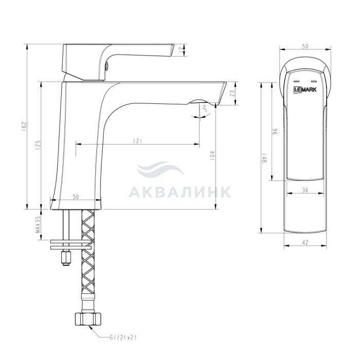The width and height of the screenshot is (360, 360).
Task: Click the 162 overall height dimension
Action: (25, 127)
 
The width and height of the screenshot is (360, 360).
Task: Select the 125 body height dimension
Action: (38, 145)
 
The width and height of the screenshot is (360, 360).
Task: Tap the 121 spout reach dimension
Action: (137, 141)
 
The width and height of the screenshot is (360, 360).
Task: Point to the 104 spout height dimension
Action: (212, 155)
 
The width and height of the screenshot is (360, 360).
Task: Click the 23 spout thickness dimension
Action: (232, 93)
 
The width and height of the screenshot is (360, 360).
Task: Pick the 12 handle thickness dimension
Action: (182, 49)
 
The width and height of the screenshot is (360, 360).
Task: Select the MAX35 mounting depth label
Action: (38, 225)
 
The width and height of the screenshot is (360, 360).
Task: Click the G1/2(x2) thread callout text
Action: (123, 337)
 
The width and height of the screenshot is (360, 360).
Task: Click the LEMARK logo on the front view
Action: (305, 89)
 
